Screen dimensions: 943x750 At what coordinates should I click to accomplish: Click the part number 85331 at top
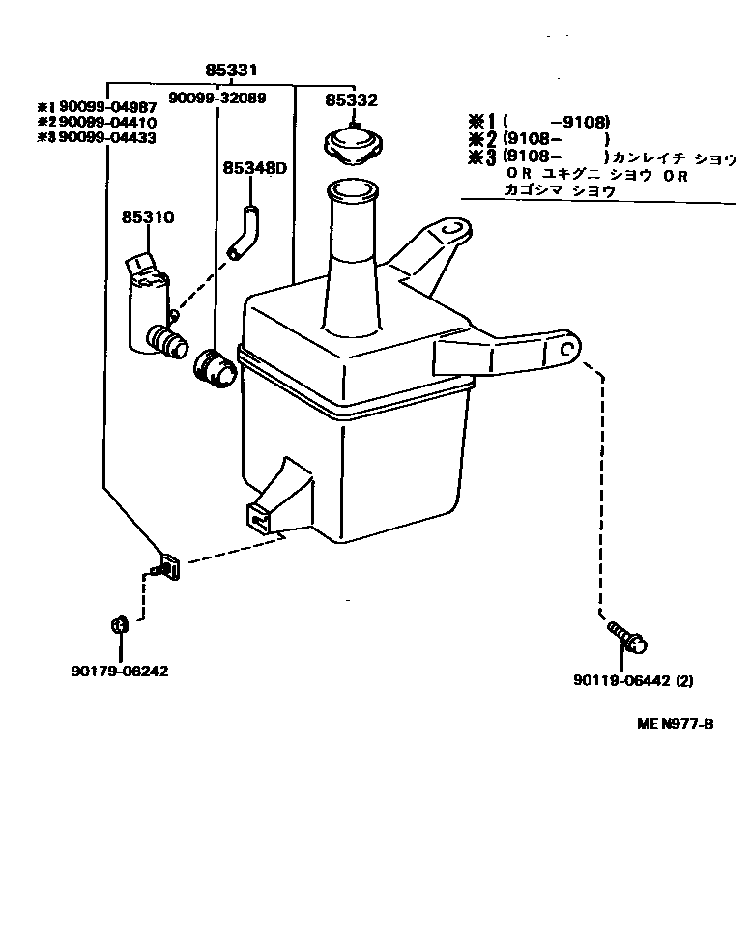232,71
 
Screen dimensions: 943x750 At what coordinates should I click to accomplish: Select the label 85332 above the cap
351,100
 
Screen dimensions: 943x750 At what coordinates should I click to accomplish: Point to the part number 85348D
255,168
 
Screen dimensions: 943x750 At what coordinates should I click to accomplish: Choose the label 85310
147,218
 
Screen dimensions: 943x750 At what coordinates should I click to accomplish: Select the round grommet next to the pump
215,368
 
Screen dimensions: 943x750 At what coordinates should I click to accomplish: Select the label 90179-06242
120,671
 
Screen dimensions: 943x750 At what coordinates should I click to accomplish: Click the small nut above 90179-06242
118,624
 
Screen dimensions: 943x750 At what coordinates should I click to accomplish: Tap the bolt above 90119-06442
626,636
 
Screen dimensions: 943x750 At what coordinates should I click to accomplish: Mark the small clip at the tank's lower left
168,567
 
